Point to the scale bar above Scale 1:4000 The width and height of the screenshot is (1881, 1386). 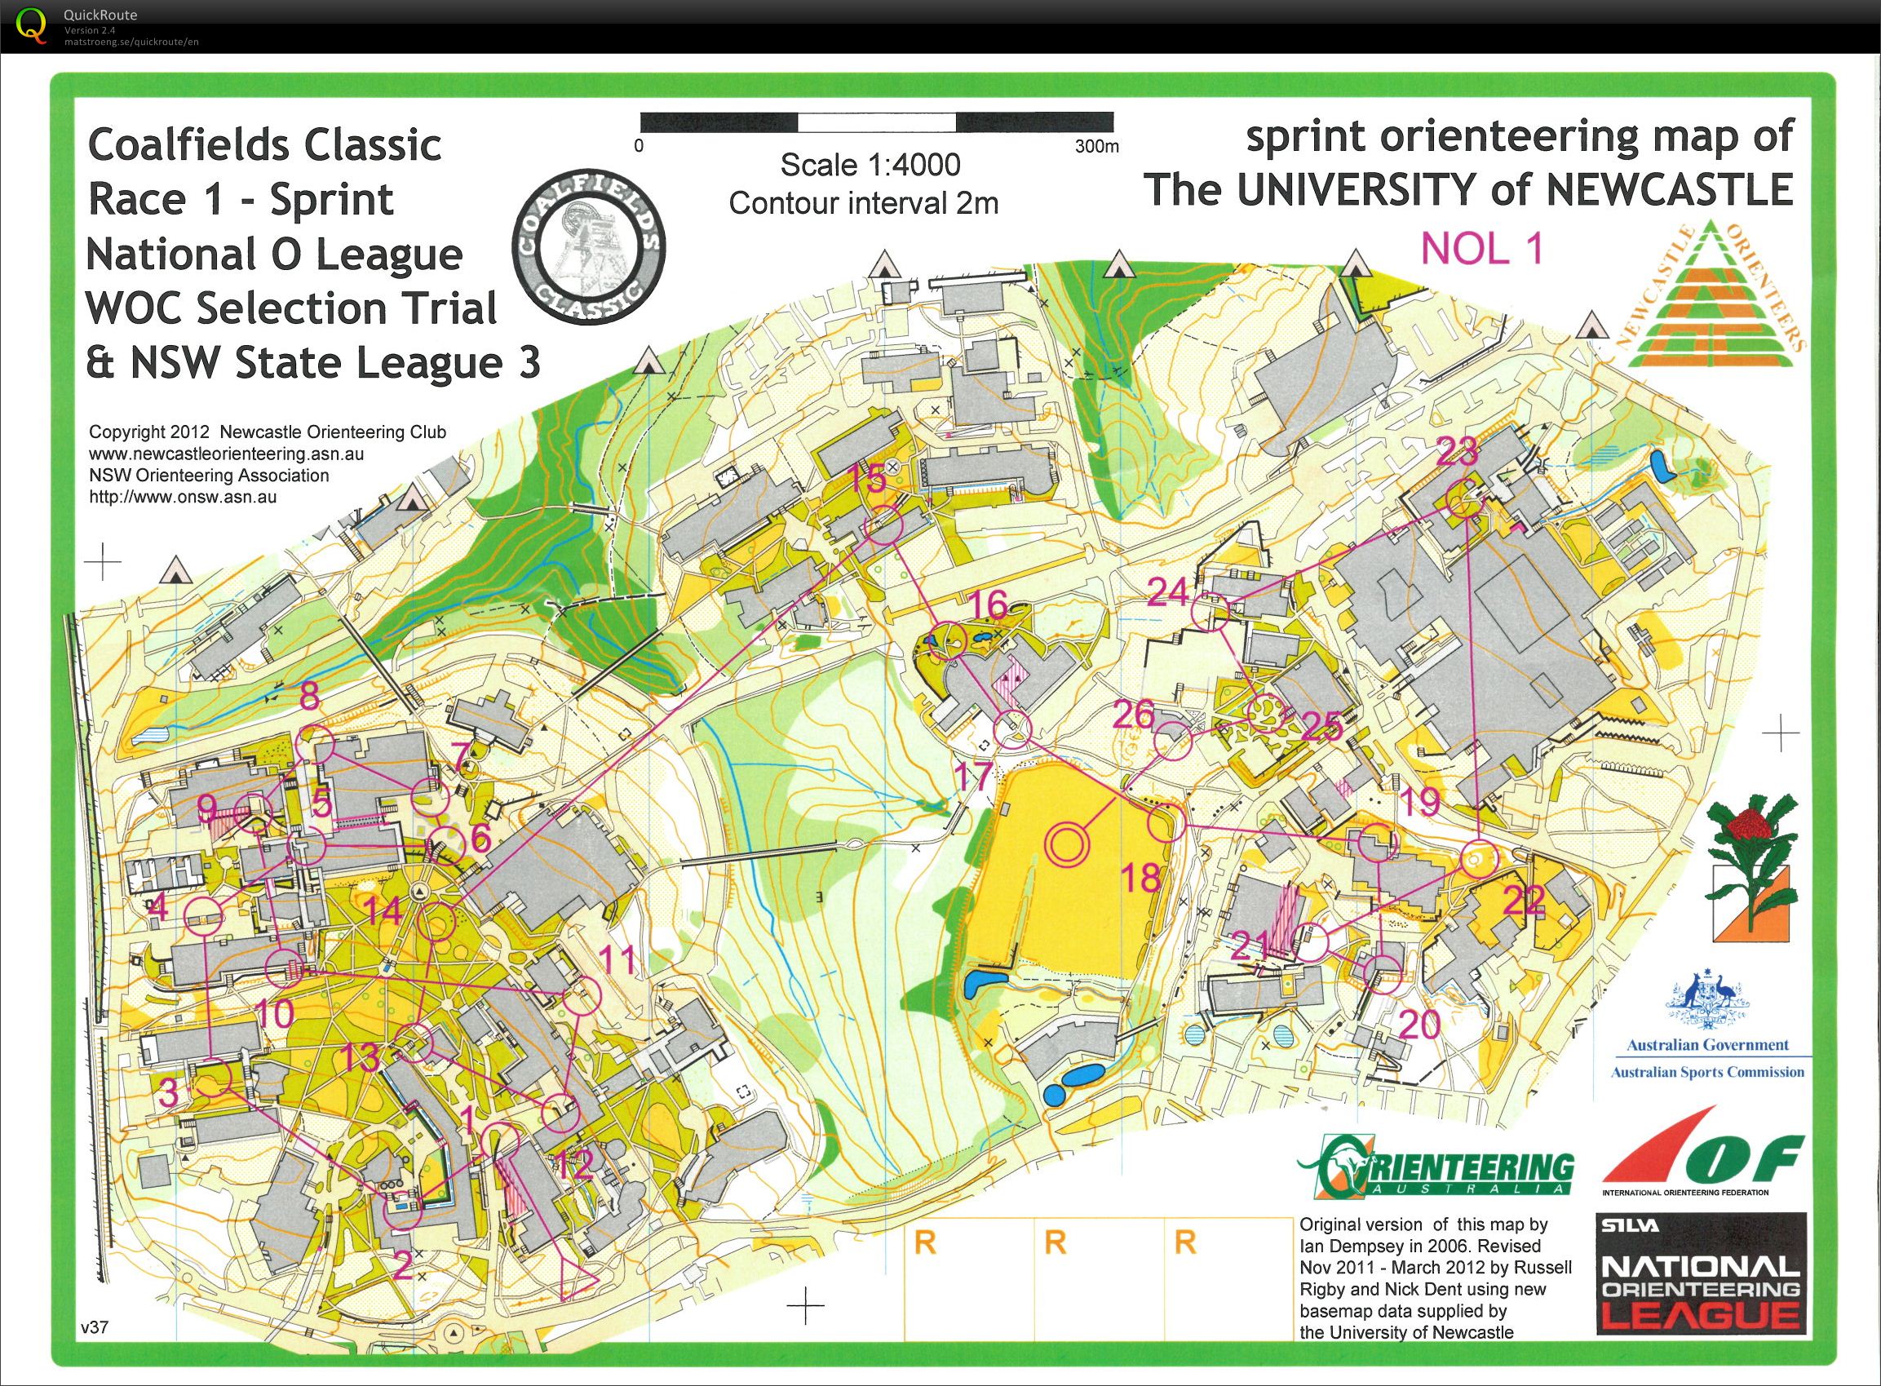click(877, 122)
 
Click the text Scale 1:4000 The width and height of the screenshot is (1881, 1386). click(870, 166)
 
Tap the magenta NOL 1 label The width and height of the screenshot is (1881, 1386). click(1481, 249)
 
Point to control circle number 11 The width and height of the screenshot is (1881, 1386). click(583, 995)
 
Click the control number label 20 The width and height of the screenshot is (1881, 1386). click(1419, 1024)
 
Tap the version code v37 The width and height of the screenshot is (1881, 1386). click(95, 1328)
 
